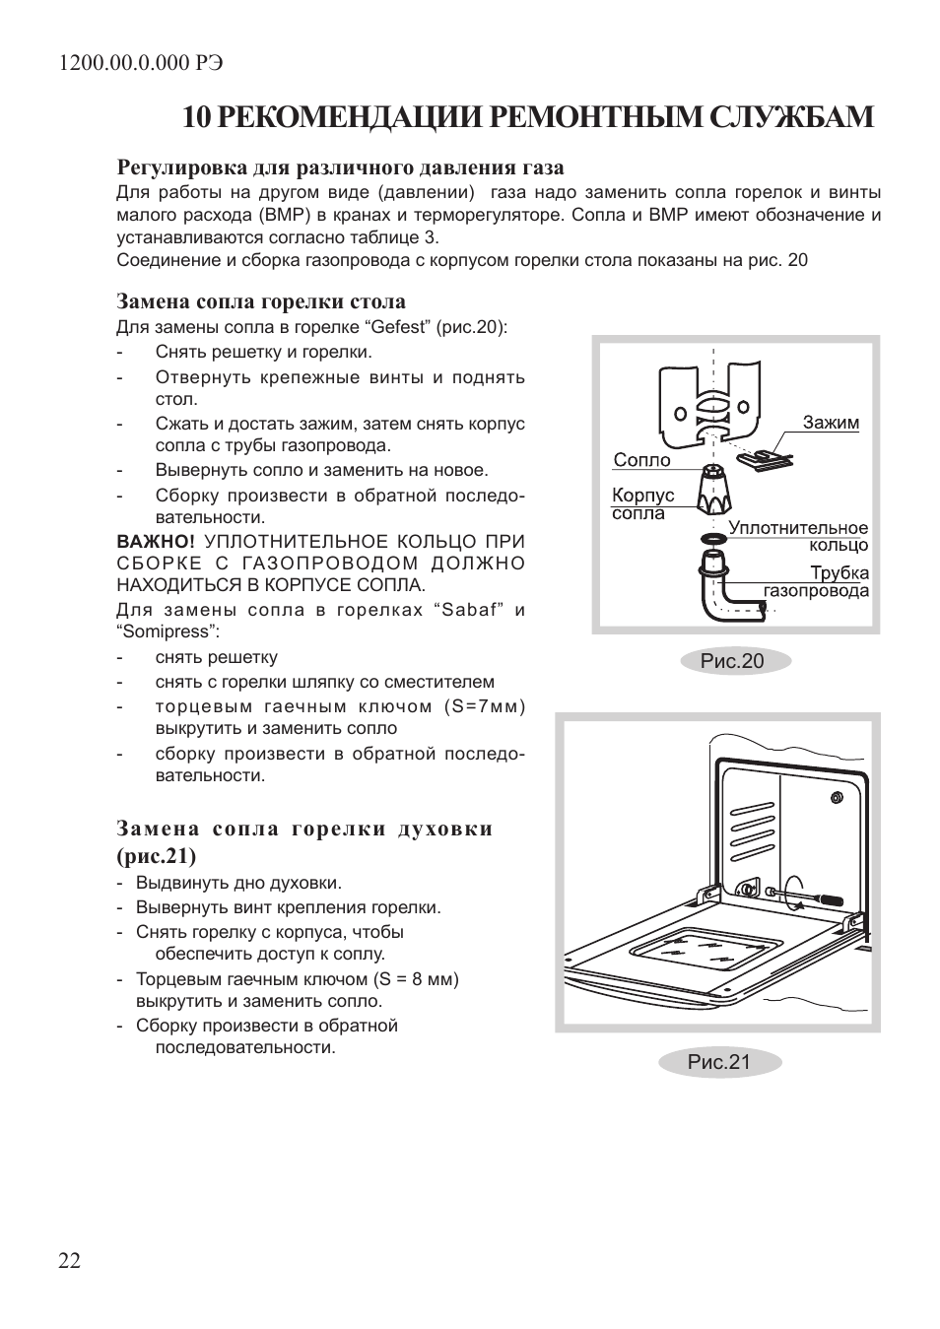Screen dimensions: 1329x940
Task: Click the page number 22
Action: coord(69,1261)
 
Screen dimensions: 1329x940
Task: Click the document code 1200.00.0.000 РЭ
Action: coord(141,62)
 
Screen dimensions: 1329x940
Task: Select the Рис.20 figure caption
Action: coord(732,661)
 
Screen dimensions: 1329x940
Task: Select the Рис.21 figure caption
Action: coord(719,1061)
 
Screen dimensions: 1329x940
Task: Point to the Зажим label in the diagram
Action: coord(830,423)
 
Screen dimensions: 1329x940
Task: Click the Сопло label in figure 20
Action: coord(641,460)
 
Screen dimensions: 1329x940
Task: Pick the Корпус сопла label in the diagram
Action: coord(642,503)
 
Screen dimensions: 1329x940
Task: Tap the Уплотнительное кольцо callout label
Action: coord(798,536)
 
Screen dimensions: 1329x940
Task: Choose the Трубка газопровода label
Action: coord(818,581)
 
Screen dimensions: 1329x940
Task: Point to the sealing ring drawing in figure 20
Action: coord(713,539)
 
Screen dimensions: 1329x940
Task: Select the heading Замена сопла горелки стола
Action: coord(261,301)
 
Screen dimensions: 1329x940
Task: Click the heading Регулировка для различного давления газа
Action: coord(340,167)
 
